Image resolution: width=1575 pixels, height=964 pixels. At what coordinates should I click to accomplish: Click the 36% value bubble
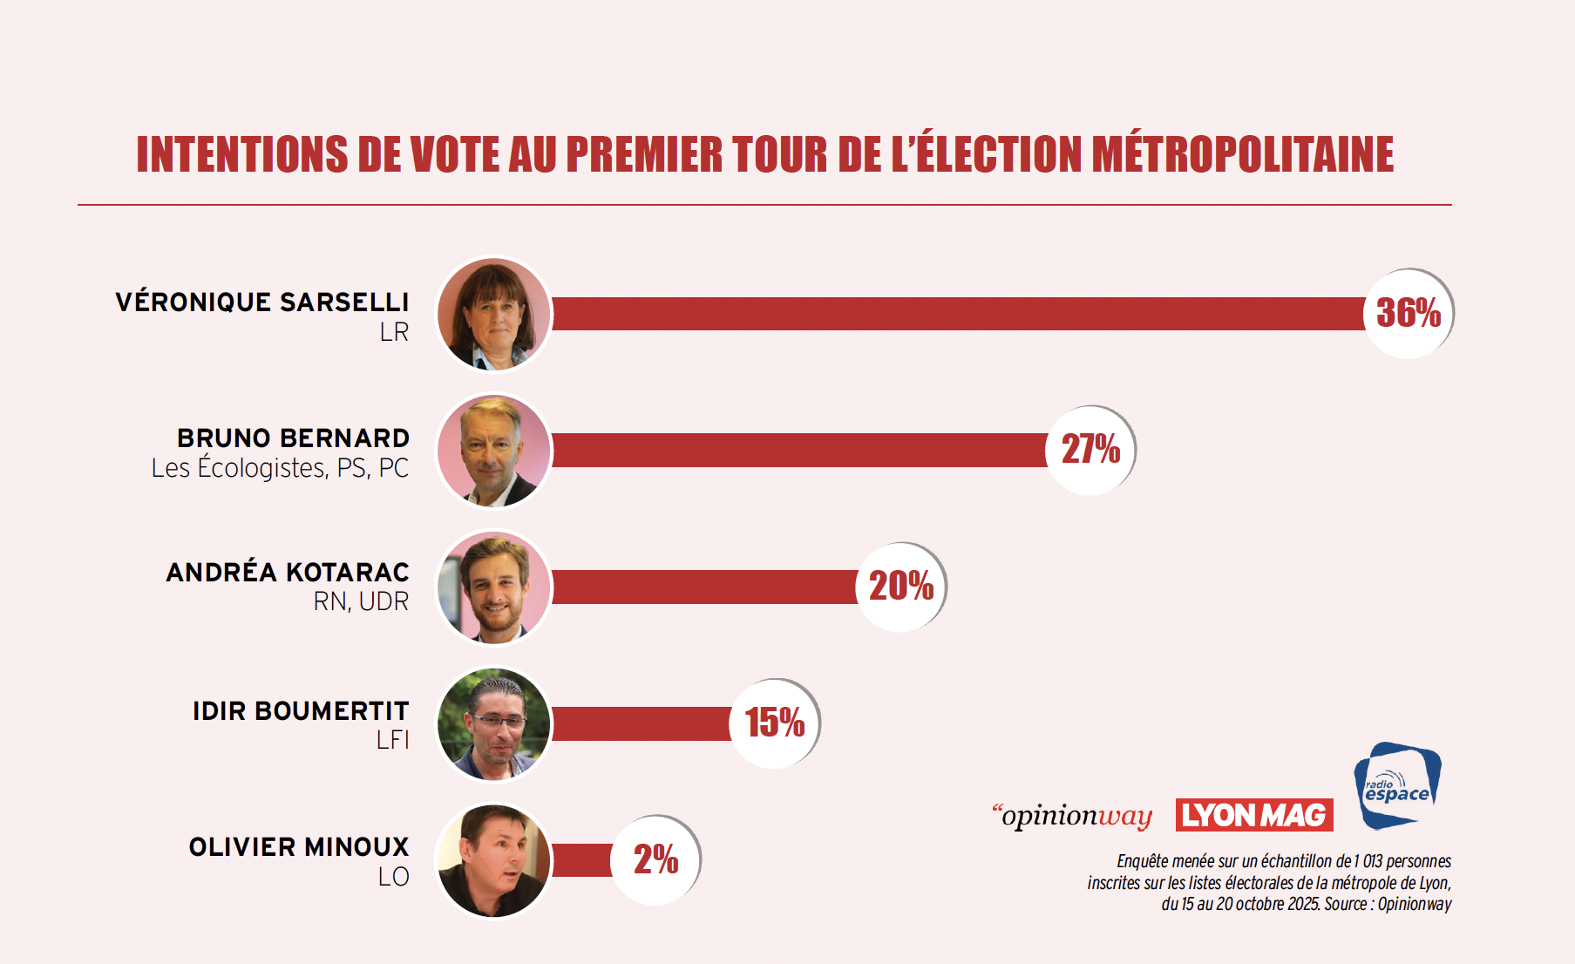[x=1409, y=314]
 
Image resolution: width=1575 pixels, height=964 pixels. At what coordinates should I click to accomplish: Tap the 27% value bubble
[x=1090, y=450]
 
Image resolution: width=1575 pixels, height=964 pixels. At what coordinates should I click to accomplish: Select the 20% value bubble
[x=901, y=586]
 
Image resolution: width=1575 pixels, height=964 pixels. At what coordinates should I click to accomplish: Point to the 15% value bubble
[x=775, y=723]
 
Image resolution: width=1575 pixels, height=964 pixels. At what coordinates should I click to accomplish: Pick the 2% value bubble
[x=655, y=859]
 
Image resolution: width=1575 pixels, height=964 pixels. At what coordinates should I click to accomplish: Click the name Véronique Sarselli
[x=262, y=302]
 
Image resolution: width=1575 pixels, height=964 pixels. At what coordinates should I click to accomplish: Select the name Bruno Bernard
[x=293, y=438]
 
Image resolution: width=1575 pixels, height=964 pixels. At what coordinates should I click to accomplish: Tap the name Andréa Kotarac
[x=288, y=573]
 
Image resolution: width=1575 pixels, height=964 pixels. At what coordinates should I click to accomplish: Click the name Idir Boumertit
[x=301, y=711]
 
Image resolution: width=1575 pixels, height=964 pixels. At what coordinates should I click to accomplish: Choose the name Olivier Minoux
[x=299, y=847]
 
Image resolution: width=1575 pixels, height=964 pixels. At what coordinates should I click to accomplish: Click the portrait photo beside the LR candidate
[x=494, y=314]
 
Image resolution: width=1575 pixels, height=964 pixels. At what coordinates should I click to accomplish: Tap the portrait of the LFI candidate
[x=494, y=723]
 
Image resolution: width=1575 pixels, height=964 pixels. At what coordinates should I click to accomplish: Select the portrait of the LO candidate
[x=494, y=860]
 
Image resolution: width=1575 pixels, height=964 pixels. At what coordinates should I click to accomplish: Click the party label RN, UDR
[x=361, y=602]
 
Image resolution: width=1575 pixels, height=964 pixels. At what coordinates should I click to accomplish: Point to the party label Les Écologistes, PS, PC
[x=280, y=468]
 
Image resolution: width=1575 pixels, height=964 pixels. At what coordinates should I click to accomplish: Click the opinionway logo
[x=1073, y=816]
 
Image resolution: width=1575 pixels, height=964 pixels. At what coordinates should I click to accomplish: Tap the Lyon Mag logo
[x=1254, y=815]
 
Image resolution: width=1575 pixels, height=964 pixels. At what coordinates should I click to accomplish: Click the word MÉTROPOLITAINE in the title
[x=1242, y=154]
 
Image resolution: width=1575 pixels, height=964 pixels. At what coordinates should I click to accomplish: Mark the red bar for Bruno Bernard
[x=798, y=450]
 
